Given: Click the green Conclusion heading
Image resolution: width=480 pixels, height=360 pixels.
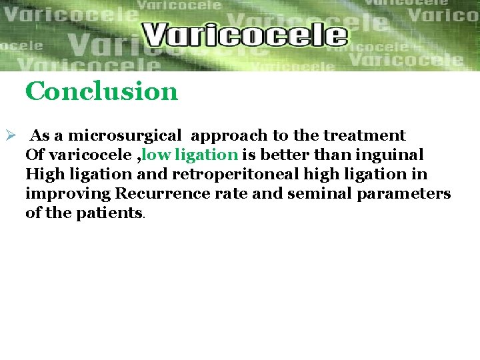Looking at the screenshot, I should pyautogui.click(x=101, y=91).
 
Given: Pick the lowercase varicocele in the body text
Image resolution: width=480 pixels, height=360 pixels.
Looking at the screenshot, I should pyautogui.click(x=85, y=155).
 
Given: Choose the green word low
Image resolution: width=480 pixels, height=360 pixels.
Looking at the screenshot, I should pyautogui.click(x=155, y=155).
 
